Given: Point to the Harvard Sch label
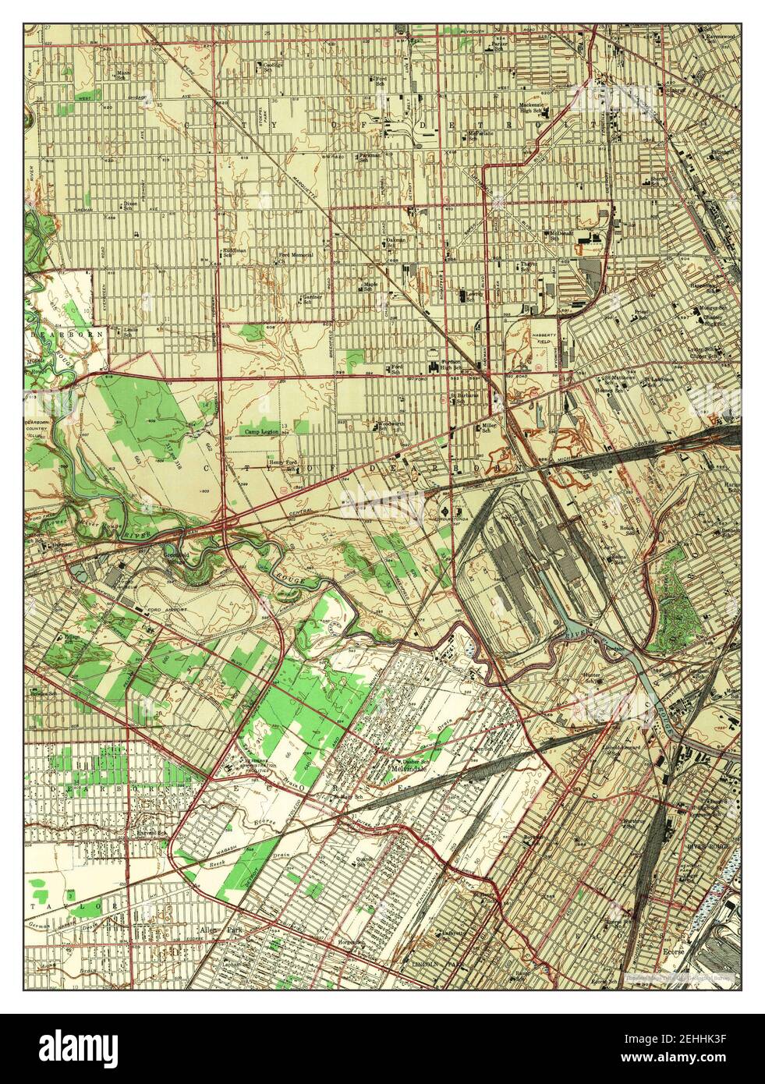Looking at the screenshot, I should (x=151, y=832).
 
